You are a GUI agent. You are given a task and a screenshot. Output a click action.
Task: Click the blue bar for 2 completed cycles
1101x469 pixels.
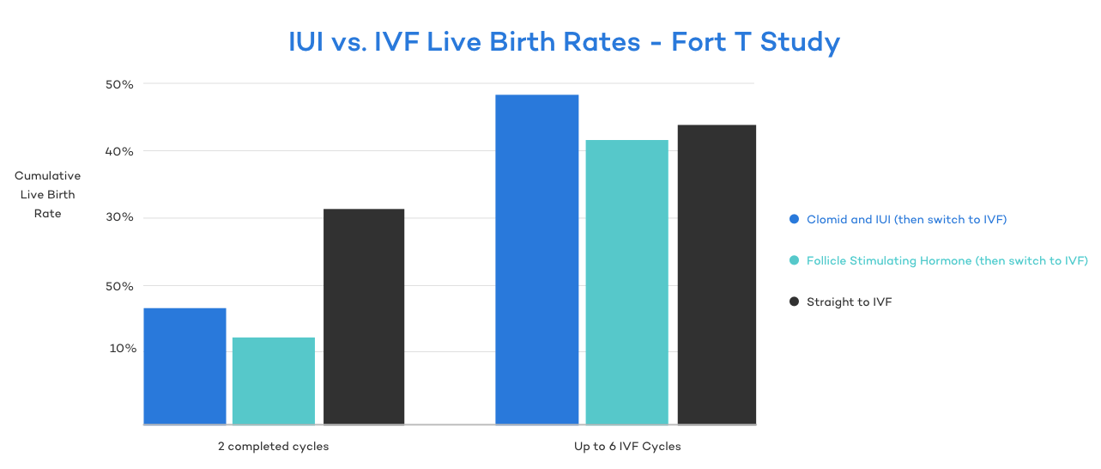click(185, 366)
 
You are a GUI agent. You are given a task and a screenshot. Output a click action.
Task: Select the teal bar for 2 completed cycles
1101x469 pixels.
click(274, 381)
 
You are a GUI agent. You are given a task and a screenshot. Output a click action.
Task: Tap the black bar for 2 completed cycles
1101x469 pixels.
click(364, 316)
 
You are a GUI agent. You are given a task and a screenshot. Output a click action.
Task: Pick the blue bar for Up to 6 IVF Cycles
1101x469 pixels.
click(537, 259)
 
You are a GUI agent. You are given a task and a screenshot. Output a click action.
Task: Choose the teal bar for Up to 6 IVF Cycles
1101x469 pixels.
click(626, 282)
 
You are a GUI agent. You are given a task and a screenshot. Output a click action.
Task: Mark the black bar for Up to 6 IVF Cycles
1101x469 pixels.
click(717, 274)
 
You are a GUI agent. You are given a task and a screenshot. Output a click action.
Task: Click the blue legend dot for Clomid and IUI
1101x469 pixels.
click(794, 219)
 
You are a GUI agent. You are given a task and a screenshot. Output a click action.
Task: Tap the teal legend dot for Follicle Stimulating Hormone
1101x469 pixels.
click(794, 260)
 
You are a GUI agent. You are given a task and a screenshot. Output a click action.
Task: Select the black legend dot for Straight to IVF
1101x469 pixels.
click(794, 301)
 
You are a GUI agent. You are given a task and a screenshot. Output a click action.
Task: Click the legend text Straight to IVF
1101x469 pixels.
click(849, 301)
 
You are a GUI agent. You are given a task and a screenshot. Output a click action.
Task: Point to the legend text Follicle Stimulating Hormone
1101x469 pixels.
click(947, 260)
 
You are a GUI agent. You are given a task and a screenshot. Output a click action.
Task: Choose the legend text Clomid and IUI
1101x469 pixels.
click(906, 219)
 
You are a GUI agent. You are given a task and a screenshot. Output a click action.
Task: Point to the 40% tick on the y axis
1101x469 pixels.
click(119, 151)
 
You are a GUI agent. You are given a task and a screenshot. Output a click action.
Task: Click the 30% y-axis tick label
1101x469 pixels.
click(119, 217)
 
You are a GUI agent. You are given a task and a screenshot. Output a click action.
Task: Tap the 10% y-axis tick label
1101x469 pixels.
click(122, 349)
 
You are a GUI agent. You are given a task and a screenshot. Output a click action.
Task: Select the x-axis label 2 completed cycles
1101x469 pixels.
click(273, 447)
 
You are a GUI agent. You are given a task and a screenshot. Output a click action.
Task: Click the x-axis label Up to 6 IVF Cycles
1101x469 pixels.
click(627, 447)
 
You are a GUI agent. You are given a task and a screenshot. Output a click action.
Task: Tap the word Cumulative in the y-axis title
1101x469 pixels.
click(48, 176)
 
